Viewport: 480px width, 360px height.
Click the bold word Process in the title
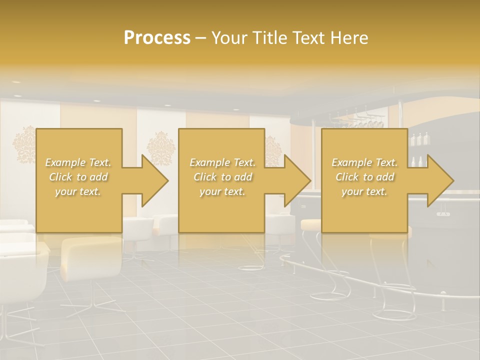click(x=157, y=37)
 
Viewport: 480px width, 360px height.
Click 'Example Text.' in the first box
click(x=78, y=162)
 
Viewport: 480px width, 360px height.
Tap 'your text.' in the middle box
click(x=222, y=191)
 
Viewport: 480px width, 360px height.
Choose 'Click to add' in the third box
click(x=365, y=177)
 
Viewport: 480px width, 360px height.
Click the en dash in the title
click(x=201, y=37)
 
